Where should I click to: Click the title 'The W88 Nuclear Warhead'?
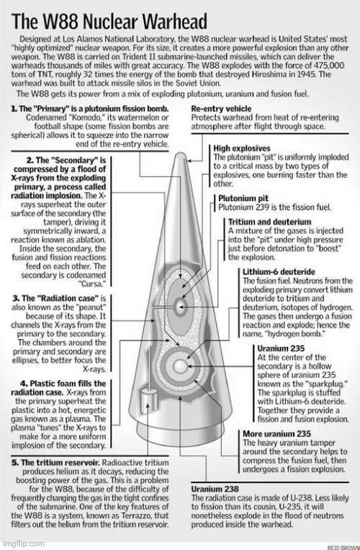click(109, 22)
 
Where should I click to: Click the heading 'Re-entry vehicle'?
click(221, 109)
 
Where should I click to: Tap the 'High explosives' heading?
click(242, 148)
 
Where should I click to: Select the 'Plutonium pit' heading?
click(243, 198)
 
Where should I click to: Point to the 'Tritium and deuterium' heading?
click(269, 222)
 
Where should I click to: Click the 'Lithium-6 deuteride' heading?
click(279, 272)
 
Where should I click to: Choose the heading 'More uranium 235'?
click(276, 434)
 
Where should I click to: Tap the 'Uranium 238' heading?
click(215, 489)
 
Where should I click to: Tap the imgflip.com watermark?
click(22, 544)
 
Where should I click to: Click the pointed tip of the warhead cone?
click(180, 153)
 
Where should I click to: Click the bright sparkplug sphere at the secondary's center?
click(180, 366)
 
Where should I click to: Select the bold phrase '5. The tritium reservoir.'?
click(55, 463)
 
